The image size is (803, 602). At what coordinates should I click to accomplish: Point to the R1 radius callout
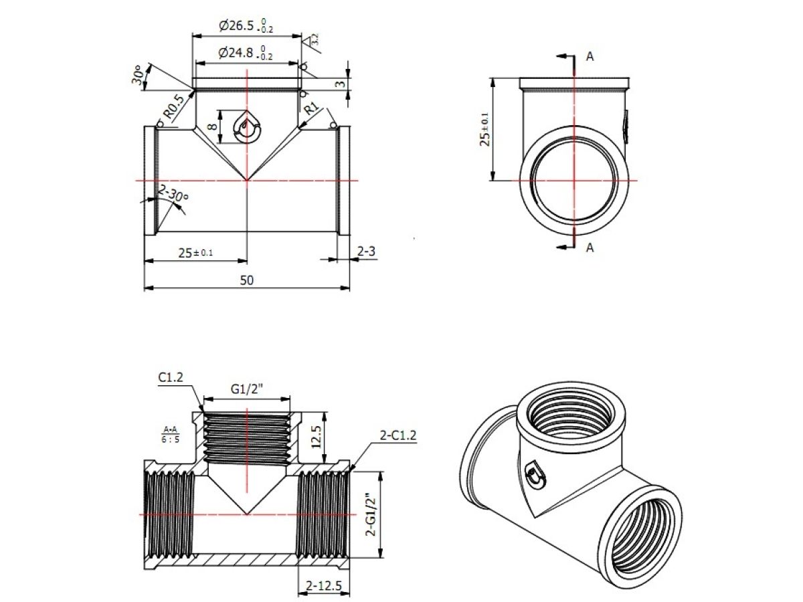click(x=311, y=108)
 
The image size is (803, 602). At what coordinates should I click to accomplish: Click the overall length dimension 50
click(x=247, y=280)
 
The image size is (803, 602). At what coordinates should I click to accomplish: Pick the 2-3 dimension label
click(x=366, y=252)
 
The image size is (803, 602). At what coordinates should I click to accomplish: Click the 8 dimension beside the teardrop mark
click(x=212, y=126)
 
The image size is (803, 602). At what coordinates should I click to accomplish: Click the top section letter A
click(x=590, y=57)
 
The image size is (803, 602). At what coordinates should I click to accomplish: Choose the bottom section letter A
click(x=590, y=247)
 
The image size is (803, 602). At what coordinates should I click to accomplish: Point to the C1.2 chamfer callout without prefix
click(x=171, y=378)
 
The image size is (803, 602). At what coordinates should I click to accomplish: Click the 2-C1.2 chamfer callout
click(x=398, y=435)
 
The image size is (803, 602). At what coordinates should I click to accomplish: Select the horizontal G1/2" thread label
click(x=247, y=388)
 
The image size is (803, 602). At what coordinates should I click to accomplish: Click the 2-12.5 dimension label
click(x=324, y=586)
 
